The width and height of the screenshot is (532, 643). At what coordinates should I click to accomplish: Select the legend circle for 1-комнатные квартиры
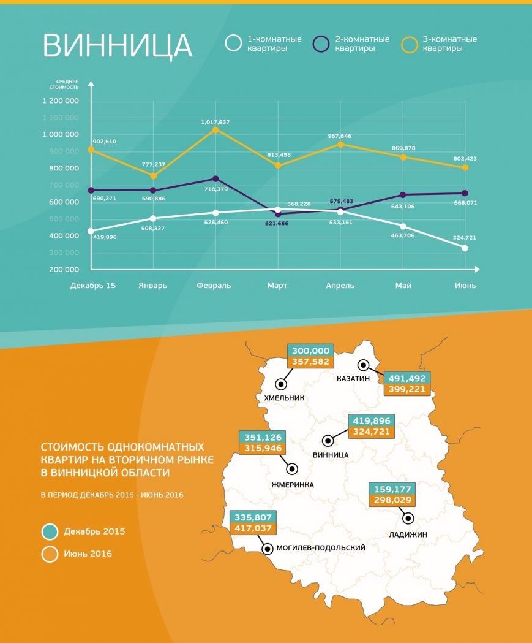coord(233,44)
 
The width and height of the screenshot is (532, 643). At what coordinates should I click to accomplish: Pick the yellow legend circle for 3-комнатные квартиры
coord(409,44)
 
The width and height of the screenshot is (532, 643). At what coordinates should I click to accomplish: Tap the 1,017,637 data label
coord(215,122)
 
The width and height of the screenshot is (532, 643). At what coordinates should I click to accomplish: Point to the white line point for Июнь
coord(465,248)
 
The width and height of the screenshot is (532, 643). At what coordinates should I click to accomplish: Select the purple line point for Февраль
coord(215,178)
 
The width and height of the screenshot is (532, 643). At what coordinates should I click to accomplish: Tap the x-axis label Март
coord(277,286)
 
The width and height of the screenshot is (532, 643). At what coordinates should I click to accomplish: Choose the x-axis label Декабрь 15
coord(92,286)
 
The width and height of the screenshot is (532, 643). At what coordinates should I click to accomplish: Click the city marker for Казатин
coord(364,365)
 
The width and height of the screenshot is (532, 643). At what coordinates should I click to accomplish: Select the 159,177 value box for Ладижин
coord(392,490)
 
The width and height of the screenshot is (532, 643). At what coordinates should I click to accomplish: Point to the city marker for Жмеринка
coord(293,469)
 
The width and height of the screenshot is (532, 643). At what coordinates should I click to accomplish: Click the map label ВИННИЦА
coord(330,455)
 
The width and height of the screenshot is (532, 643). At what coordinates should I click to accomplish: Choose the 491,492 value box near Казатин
coord(407,378)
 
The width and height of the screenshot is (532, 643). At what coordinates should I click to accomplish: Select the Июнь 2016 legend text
coord(88,554)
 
